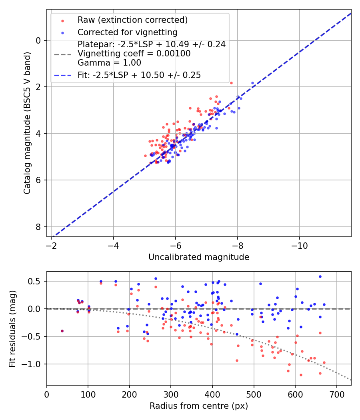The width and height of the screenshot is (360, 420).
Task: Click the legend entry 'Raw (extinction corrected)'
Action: (x=132, y=20)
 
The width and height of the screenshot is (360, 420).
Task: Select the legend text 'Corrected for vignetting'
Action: (x=127, y=32)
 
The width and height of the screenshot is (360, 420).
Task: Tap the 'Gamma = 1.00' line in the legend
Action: (x=109, y=62)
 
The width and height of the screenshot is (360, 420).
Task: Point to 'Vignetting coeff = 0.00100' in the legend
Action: (x=134, y=53)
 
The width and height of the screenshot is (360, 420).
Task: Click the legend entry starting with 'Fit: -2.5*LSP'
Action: (x=139, y=75)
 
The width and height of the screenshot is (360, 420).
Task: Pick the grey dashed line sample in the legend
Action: (x=62, y=54)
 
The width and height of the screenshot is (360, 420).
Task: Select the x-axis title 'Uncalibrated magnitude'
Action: (x=199, y=257)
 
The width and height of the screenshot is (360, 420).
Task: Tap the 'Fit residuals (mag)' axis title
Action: (x=12, y=328)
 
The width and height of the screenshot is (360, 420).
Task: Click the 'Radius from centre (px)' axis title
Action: (x=199, y=406)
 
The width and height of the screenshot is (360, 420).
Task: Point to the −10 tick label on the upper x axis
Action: (x=300, y=246)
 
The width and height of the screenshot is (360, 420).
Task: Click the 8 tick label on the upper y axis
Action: (x=38, y=227)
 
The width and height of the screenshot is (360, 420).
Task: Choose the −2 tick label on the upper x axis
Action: (x=51, y=246)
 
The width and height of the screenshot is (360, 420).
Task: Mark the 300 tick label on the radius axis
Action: (x=171, y=394)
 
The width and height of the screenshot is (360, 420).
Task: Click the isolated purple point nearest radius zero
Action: (x=62, y=331)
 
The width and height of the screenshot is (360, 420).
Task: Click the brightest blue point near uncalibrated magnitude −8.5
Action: (x=252, y=83)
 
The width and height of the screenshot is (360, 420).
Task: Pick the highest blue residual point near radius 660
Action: (x=320, y=276)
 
